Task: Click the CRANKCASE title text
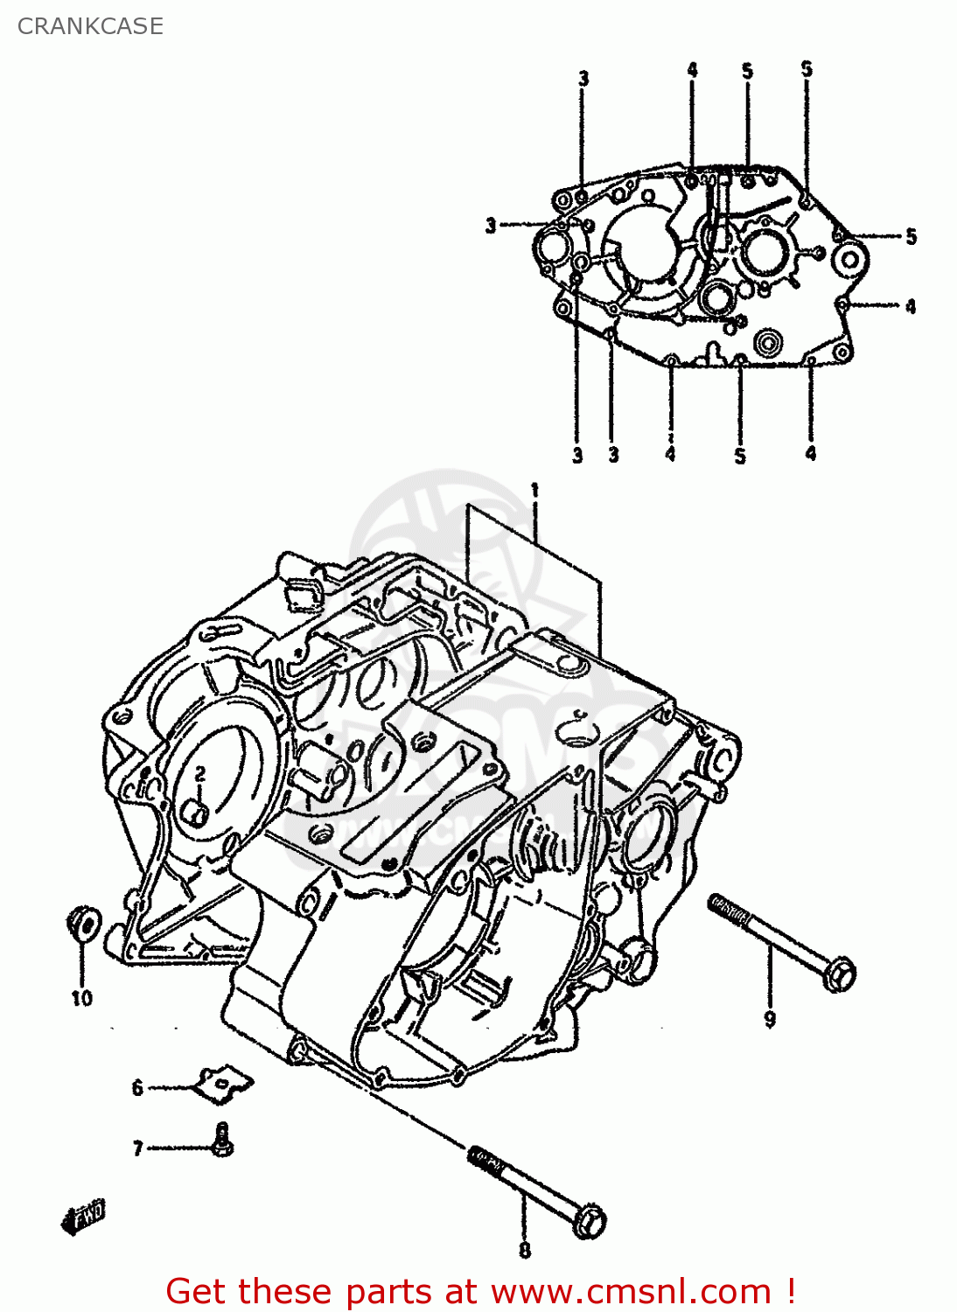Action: point(90,26)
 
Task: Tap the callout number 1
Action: point(534,491)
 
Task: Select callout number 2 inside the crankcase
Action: point(199,773)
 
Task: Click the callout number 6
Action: point(137,1088)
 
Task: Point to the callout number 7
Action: point(137,1148)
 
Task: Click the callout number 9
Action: point(770,1019)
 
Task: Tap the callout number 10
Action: point(81,998)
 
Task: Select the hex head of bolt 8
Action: point(591,1221)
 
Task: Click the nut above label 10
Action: point(83,924)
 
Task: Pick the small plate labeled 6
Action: point(224,1085)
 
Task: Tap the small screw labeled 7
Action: point(222,1140)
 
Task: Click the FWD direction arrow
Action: point(84,1216)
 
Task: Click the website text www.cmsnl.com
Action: point(631,1292)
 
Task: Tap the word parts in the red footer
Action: point(385,1292)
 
